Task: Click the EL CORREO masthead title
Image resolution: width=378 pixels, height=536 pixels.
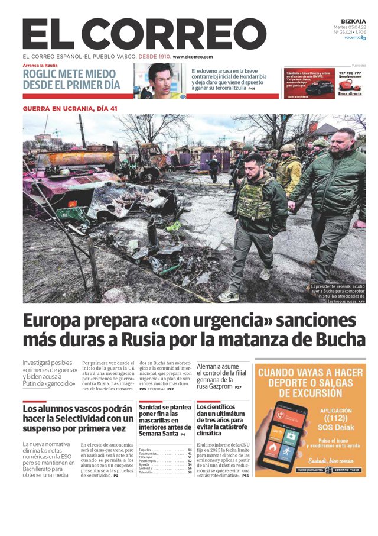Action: pyautogui.click(x=144, y=34)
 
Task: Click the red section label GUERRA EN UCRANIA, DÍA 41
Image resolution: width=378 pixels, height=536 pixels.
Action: pyautogui.click(x=70, y=108)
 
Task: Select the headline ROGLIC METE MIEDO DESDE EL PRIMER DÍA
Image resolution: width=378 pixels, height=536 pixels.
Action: pyautogui.click(x=71, y=79)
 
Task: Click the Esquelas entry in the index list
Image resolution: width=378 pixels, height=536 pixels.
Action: pyautogui.click(x=145, y=450)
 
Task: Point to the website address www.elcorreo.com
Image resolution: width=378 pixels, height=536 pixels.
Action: pyautogui.click(x=193, y=57)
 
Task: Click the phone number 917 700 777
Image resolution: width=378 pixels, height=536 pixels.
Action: pyautogui.click(x=349, y=73)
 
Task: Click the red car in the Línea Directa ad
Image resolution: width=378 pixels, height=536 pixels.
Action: pyautogui.click(x=319, y=89)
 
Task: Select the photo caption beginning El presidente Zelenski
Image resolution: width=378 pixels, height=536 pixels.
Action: pyautogui.click(x=338, y=293)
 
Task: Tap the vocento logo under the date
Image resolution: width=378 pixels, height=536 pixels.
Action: pyautogui.click(x=354, y=37)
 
